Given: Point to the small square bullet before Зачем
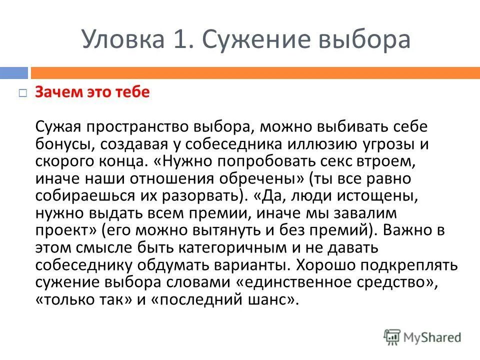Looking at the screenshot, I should click(x=22, y=93).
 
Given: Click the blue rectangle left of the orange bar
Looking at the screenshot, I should click(x=13, y=73).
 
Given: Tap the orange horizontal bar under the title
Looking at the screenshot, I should click(x=255, y=73).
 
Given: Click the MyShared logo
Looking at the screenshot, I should click(x=422, y=337).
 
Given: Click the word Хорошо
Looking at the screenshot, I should click(x=330, y=264).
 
